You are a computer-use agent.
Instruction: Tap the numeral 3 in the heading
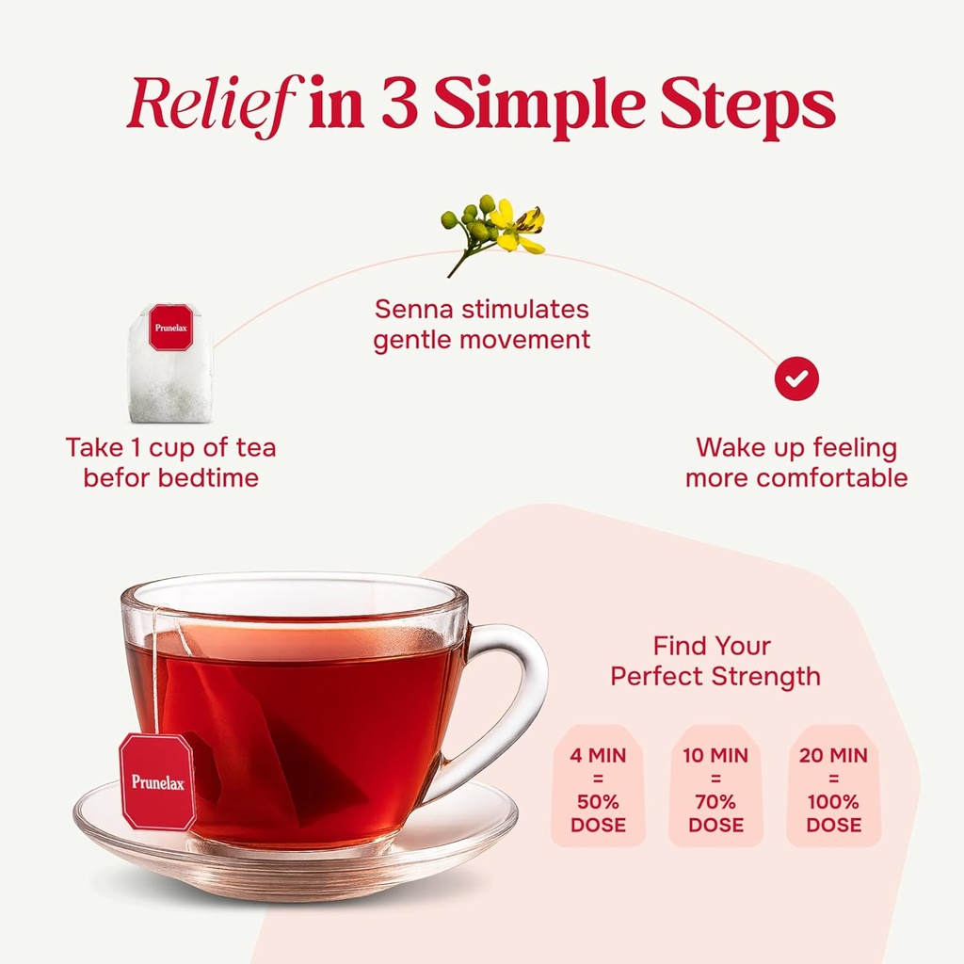pos(401,103)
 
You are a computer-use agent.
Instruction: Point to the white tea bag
pos(170,364)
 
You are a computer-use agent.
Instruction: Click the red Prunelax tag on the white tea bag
pos(171,328)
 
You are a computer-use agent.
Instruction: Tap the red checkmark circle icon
pos(796,378)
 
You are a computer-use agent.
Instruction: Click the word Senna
pos(414,309)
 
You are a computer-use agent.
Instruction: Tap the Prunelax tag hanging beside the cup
pos(158,781)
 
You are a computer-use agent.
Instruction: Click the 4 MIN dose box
pos(598,785)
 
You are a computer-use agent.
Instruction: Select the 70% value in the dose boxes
pos(715,802)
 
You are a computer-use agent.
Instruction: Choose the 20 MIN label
pos(834,756)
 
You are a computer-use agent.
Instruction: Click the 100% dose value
pos(834,802)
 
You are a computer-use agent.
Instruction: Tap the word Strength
pos(767,676)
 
